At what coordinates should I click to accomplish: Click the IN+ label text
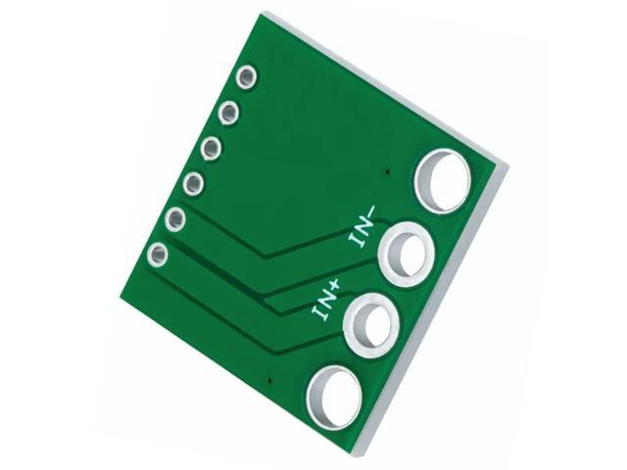click(326, 299)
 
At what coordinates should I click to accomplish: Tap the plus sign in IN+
click(336, 285)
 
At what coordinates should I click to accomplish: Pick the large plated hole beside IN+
click(370, 323)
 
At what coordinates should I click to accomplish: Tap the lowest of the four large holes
click(334, 398)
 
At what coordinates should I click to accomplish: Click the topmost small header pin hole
click(247, 76)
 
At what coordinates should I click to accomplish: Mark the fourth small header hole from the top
click(194, 183)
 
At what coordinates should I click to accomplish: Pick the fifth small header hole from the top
click(175, 218)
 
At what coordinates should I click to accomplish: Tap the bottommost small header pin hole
click(157, 256)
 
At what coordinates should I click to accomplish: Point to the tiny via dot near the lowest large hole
click(269, 379)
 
